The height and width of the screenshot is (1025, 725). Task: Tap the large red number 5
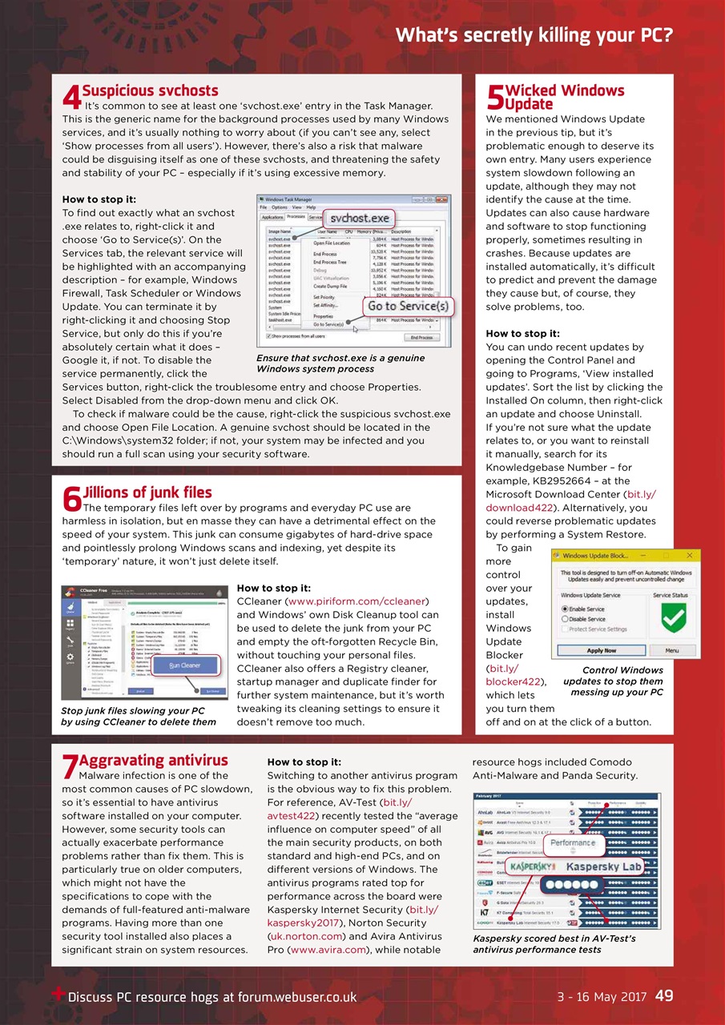coord(494,98)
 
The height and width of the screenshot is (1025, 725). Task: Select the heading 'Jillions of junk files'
coord(147,492)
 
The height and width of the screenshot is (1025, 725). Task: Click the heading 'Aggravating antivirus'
coord(155,760)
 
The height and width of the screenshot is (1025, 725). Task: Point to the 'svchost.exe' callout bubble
coord(360,218)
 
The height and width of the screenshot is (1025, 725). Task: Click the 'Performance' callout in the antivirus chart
coord(572,843)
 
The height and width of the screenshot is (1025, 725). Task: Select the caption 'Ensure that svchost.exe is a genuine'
coord(340,358)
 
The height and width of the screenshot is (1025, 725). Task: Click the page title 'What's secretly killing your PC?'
coord(534,35)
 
